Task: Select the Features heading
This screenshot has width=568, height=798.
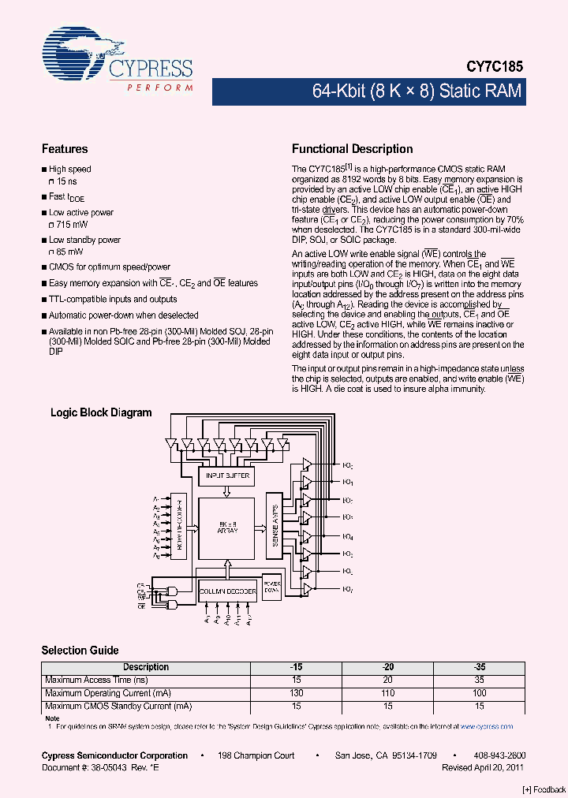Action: tap(65, 149)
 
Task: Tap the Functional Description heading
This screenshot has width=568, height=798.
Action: tap(352, 149)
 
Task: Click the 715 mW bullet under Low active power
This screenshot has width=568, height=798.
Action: tap(72, 225)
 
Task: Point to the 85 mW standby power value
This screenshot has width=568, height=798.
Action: tap(69, 252)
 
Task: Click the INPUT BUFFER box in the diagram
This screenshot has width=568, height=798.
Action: tap(227, 475)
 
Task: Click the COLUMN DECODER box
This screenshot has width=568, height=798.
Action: tap(227, 591)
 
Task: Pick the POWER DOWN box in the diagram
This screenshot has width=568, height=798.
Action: tap(271, 587)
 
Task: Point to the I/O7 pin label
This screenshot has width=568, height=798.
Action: tap(347, 590)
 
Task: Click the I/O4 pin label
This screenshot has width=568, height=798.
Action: tap(347, 536)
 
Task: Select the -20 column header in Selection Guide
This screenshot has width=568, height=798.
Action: tap(387, 667)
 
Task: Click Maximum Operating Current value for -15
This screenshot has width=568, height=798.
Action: tap(296, 693)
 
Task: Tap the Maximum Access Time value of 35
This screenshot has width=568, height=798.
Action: tap(480, 680)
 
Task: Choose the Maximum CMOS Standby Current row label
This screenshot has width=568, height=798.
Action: tap(118, 706)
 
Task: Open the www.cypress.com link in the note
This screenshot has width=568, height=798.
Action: tap(494, 726)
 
